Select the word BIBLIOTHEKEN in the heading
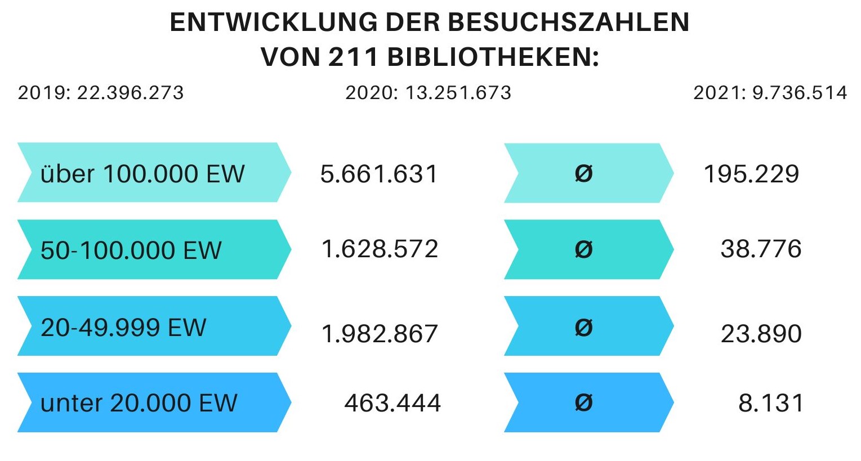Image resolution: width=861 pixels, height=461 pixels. click(x=493, y=57)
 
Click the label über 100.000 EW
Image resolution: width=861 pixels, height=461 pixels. click(x=142, y=174)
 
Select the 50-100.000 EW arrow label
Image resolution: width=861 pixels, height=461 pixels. click(x=131, y=250)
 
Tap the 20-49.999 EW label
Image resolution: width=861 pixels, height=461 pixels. click(x=124, y=327)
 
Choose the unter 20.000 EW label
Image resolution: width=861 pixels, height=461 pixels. click(x=139, y=403)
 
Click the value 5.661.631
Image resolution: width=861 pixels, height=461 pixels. click(x=379, y=174)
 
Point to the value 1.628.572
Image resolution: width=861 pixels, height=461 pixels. click(x=380, y=249)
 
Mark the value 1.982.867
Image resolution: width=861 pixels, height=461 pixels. click(x=380, y=334)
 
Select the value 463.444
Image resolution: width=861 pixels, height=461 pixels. click(x=392, y=403)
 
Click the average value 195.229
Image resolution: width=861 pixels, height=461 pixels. click(x=751, y=174)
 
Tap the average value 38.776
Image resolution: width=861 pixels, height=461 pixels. click(x=761, y=249)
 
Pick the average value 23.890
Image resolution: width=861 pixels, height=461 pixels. click(x=761, y=334)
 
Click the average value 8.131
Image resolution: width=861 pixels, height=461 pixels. click(x=771, y=403)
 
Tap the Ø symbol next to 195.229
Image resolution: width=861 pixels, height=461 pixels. click(x=583, y=174)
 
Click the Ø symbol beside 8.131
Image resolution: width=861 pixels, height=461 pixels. click(x=583, y=403)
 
